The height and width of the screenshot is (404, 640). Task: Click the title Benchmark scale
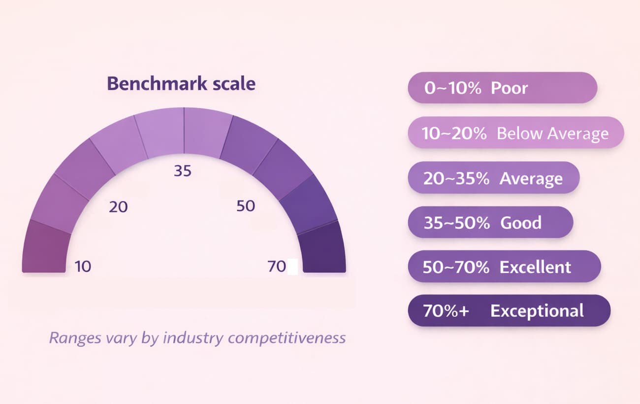(181, 84)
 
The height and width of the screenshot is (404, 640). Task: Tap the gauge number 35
(183, 171)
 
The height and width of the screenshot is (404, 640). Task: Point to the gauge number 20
(118, 207)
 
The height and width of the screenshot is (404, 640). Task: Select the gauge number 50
(246, 206)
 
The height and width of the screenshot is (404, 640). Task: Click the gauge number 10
(83, 267)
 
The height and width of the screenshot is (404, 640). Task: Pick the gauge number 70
(277, 267)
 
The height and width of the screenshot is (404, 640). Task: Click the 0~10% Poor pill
(502, 88)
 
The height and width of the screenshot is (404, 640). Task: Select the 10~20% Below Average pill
(515, 133)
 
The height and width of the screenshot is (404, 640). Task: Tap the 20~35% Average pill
(493, 178)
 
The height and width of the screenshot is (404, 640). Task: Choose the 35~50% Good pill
(490, 222)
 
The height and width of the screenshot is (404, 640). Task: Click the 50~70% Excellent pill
(504, 267)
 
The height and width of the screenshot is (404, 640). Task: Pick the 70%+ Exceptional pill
(509, 311)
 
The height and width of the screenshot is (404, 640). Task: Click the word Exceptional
(537, 311)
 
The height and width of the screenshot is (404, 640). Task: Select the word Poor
(509, 88)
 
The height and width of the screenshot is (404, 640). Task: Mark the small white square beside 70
(292, 267)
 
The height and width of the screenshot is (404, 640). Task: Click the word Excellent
(535, 267)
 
